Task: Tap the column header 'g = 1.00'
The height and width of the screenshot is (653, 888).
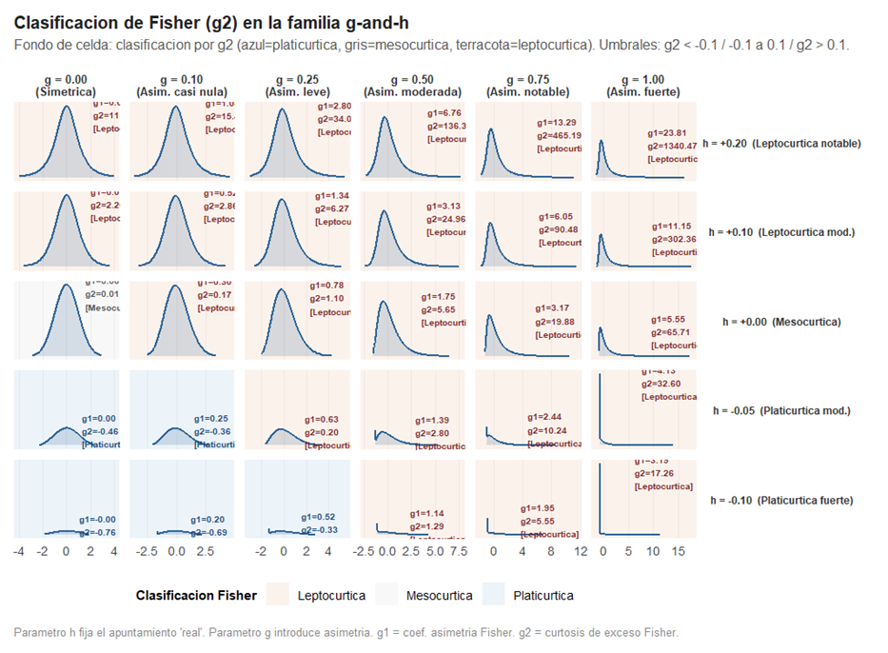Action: point(642,79)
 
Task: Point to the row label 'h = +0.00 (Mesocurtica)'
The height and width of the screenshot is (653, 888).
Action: point(781,322)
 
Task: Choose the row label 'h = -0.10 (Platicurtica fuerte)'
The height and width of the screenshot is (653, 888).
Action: point(781,500)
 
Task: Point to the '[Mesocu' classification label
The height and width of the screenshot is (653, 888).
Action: point(103,307)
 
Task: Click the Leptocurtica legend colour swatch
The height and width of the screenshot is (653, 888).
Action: point(278,595)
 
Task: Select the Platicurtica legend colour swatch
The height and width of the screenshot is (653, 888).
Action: point(493,595)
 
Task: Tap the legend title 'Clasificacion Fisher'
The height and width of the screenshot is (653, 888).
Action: point(196,595)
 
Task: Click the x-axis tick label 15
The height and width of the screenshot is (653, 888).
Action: point(679,551)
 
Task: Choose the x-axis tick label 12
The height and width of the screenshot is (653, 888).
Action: point(581,551)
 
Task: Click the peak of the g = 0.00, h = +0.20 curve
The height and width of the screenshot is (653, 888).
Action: point(66,107)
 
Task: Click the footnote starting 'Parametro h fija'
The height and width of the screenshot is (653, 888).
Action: point(346,631)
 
